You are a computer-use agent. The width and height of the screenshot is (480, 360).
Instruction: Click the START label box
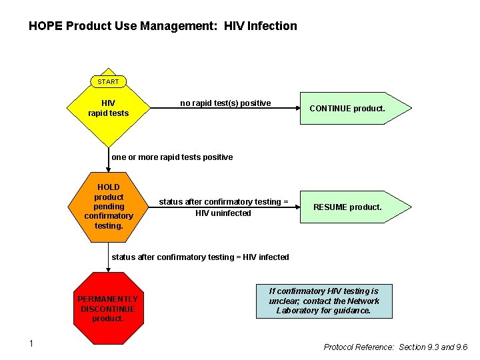coord(108,81)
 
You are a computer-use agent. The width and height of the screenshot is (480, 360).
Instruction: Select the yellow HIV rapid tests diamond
coord(108,109)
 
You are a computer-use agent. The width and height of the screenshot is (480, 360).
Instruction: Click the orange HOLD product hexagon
coord(109,206)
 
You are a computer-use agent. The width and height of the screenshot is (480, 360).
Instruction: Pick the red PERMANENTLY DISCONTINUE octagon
coord(108,309)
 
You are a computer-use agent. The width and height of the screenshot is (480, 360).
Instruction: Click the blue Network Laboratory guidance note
coord(323,301)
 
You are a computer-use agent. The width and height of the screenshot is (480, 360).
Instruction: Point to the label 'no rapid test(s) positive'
coord(225,103)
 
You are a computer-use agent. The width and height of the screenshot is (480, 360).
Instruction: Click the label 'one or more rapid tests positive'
coord(172,157)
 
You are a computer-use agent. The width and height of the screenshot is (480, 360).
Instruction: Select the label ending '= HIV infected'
coord(200,257)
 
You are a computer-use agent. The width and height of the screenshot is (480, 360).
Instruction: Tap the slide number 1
coord(31,343)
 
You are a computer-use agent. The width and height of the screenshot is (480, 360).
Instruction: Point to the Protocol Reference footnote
coord(395,347)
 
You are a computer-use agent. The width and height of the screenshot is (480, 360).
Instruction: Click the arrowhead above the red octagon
coord(108,269)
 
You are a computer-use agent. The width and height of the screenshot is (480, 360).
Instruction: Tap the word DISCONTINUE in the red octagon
coord(108,309)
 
